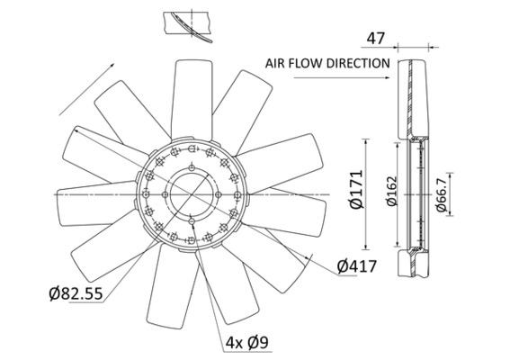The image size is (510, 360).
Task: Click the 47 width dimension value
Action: [x=376, y=39]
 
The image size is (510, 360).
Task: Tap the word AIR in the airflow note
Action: [x=276, y=64]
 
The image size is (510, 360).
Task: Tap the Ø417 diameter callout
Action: [x=356, y=266]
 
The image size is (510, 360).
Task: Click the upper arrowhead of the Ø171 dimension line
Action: [x=365, y=142]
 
